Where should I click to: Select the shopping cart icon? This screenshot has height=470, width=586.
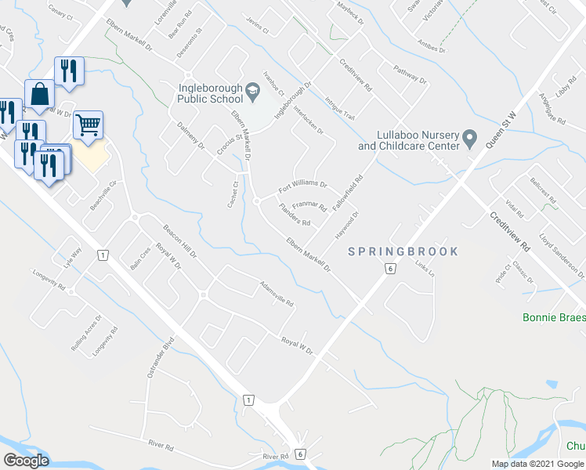coord(89,124)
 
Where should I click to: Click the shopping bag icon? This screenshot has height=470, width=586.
coord(38,93)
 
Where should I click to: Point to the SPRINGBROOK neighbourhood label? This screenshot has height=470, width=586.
coord(402,251)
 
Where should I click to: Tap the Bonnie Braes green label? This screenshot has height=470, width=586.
coord(554,317)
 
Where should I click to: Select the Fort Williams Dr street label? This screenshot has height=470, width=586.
coord(303,187)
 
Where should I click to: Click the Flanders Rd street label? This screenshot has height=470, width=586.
coord(295,214)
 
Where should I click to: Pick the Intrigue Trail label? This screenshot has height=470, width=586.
coord(341,108)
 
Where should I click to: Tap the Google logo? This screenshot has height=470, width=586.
coord(26,461)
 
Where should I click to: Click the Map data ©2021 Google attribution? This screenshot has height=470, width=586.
coord(537,464)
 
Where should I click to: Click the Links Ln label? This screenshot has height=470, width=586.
coord(425,271)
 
